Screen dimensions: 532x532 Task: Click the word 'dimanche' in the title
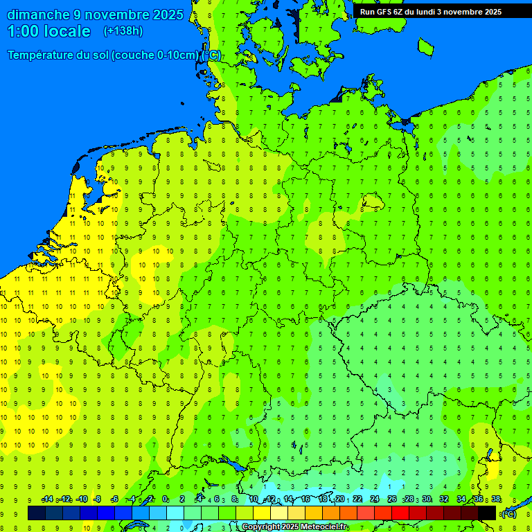[x=38, y=15]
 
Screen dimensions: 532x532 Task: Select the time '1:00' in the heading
[x=24, y=31]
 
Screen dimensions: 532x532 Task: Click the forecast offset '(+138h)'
[x=123, y=31]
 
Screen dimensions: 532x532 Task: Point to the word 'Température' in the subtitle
[x=42, y=55]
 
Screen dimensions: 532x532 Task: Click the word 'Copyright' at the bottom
[x=262, y=527]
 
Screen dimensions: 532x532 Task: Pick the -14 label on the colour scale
[x=47, y=499]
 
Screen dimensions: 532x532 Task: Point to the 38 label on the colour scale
[x=496, y=499]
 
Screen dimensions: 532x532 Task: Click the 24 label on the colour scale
[x=375, y=499]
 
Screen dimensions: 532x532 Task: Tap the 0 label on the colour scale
[x=165, y=499]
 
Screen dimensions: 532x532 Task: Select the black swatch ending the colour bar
[x=487, y=513]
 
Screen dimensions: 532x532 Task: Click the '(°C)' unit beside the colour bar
[x=508, y=513]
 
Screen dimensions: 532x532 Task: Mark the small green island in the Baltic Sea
[x=425, y=47]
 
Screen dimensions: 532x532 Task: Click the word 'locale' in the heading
[x=68, y=31]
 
